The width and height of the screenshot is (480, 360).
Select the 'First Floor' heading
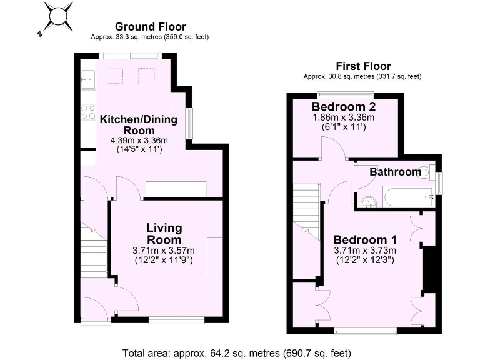pos(363,66)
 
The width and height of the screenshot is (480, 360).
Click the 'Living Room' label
pos(164,234)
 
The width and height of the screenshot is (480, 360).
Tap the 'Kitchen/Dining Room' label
pos(139,124)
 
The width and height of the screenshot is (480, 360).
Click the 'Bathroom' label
pos(395,172)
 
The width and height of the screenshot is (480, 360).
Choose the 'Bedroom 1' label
pos(365,240)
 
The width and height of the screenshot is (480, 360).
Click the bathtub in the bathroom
pos(409,197)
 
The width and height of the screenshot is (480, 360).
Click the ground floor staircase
pos(94,250)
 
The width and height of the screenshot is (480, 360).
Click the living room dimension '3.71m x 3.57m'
pos(164,251)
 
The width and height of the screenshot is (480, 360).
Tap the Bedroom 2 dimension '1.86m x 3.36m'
pos(343,117)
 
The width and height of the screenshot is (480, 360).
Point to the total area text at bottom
pos(239,352)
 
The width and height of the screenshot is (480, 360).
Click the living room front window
pos(177,321)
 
